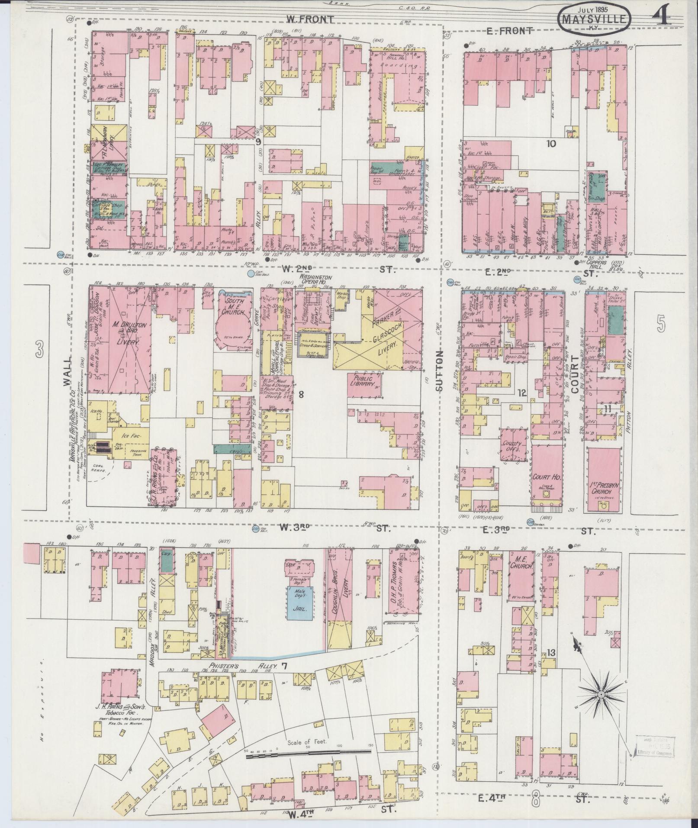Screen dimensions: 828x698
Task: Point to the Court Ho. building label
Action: (x=547, y=477)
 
